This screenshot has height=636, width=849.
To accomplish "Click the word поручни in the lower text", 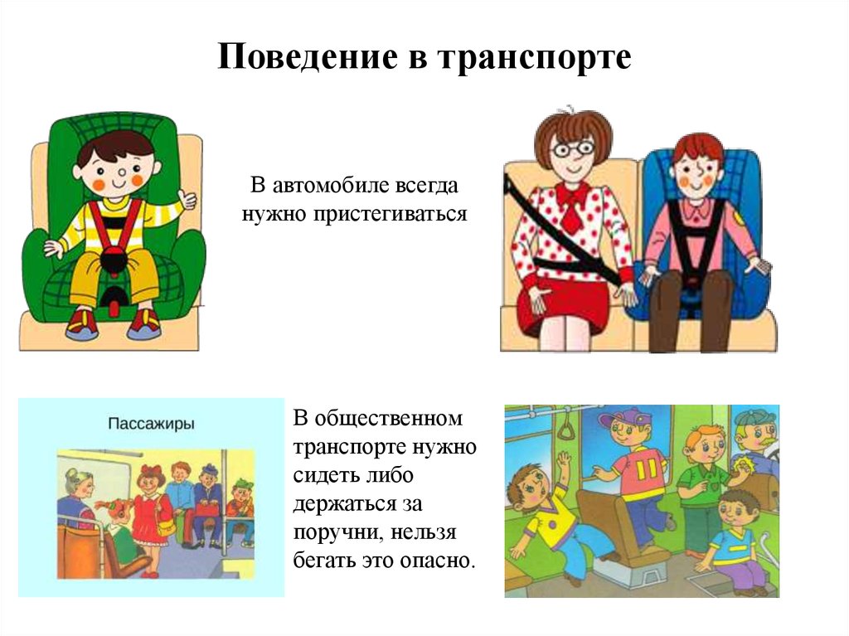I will coord(335,531).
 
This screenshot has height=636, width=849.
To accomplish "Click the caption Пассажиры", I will coord(152,424).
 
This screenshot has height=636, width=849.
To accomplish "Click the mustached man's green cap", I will coord(754,417).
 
